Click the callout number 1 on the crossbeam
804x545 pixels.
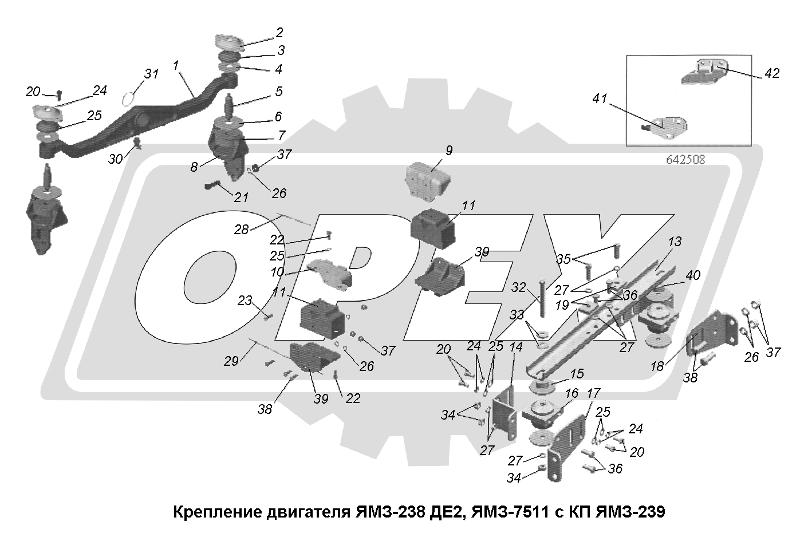(176, 66)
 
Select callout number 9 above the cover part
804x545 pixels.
(449, 151)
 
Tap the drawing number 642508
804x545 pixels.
(685, 160)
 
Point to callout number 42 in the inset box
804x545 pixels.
(771, 74)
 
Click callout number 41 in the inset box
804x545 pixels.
(599, 99)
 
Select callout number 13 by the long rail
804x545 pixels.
(675, 242)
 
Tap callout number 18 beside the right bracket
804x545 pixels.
(658, 366)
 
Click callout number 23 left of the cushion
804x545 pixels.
(245, 300)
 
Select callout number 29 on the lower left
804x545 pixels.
(231, 361)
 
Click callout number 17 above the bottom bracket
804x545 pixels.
(593, 394)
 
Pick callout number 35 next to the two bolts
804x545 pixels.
(564, 259)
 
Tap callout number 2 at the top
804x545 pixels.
(279, 33)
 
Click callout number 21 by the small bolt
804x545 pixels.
(241, 198)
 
